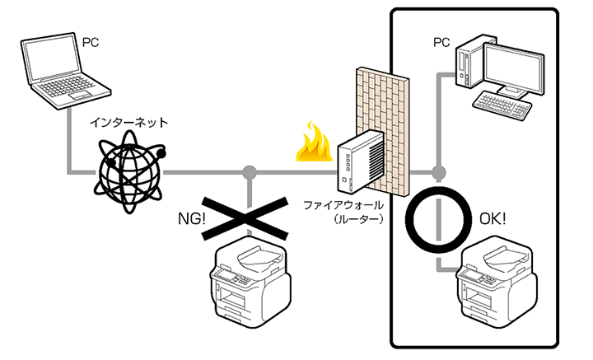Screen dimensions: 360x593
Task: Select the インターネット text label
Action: point(129,124)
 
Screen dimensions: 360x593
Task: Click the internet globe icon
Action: point(129,171)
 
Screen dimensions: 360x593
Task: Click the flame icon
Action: point(314,144)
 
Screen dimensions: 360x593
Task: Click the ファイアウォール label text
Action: point(339,204)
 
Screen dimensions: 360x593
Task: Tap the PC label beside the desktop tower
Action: point(441,41)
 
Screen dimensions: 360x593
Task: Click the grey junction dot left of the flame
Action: point(249,173)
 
